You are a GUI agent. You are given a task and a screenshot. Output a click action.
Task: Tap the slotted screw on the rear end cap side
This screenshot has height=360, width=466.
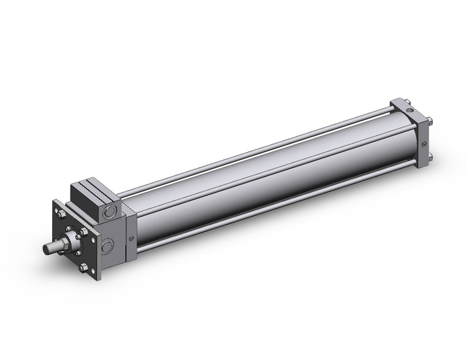424,145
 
